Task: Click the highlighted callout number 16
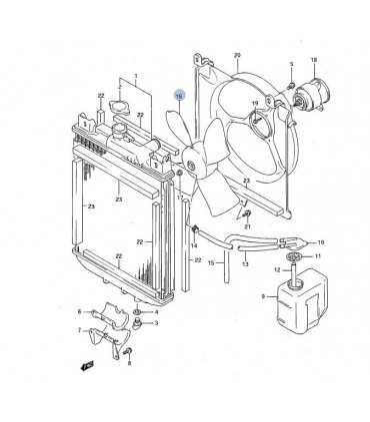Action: [178, 97]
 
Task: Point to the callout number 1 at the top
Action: [136, 76]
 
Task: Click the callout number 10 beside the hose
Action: [320, 241]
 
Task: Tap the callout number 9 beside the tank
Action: [262, 296]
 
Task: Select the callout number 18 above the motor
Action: [313, 60]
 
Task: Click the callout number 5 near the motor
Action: [291, 66]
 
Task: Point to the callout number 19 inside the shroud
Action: [255, 103]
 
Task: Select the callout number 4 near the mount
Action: [156, 308]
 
